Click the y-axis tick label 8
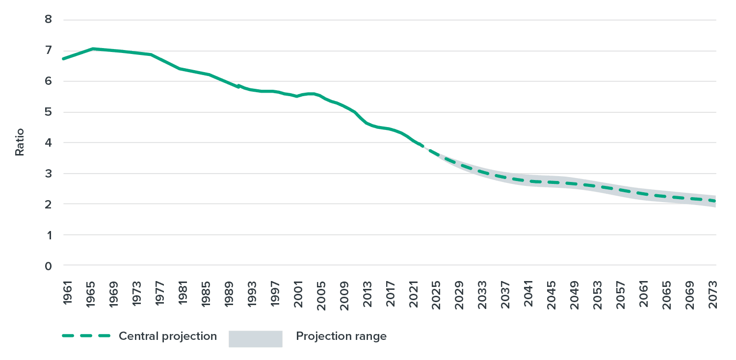48,20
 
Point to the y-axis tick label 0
48,266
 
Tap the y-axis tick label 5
48,112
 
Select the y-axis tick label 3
48,174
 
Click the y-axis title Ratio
20,142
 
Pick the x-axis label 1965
91,293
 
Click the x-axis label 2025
436,293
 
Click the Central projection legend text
168,336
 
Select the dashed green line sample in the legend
86,336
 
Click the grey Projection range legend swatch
255,338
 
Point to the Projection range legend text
341,336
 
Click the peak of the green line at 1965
92,49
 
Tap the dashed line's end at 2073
715,201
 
